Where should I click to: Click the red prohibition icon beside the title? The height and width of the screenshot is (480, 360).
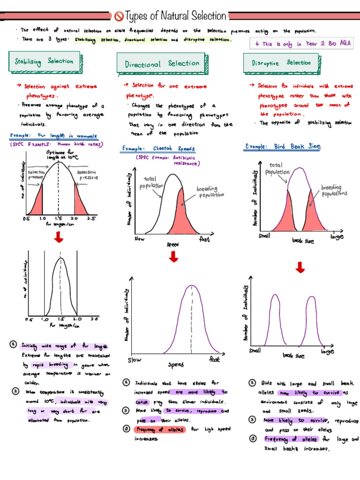(x=119, y=16)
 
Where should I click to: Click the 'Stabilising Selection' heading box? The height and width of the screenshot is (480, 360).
(x=44, y=61)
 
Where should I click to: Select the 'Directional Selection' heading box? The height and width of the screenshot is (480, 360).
(x=162, y=64)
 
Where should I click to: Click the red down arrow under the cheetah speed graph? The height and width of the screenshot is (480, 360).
(x=173, y=256)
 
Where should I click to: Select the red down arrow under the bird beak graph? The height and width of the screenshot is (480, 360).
(x=300, y=267)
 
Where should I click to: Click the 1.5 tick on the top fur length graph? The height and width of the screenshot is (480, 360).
(x=59, y=219)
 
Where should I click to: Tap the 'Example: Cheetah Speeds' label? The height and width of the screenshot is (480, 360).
(x=158, y=149)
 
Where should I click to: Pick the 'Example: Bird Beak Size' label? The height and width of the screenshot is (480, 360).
(x=283, y=147)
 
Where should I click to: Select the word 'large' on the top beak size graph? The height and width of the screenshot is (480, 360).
(x=337, y=237)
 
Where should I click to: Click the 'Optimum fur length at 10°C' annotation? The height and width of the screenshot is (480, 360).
(x=59, y=155)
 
